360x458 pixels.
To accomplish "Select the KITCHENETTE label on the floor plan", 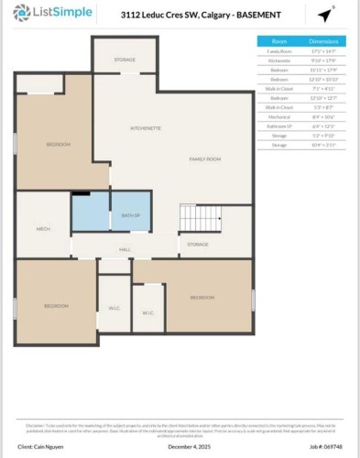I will [x=146, y=127].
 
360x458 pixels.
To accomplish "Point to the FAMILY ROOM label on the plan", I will [x=205, y=159].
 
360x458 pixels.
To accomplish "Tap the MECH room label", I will [x=43, y=228].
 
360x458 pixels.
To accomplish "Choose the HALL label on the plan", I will [x=125, y=248].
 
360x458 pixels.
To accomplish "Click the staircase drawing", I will [x=200, y=217].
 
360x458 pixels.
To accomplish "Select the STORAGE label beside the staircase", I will [x=198, y=245].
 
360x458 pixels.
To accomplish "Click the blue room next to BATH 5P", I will [x=91, y=212].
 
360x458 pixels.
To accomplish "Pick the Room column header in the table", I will [x=279, y=41].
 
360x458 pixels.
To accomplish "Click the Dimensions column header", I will [x=327, y=41].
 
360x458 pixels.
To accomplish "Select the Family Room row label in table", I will [x=279, y=52].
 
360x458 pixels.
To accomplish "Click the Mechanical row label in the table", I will [x=279, y=115].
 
